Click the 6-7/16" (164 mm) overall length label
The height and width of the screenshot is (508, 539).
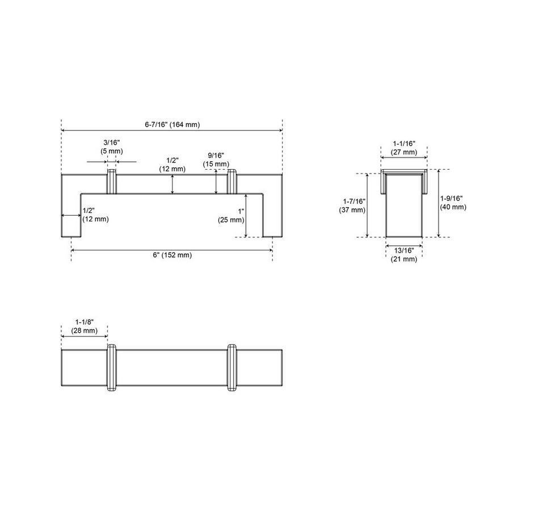(172, 124)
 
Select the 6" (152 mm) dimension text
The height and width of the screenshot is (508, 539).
(172, 255)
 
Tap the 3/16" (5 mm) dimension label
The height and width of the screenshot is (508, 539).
(112, 146)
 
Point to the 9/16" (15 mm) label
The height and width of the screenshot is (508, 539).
(216, 160)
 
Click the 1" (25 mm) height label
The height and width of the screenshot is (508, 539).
(231, 216)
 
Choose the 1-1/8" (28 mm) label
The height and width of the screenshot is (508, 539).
(85, 326)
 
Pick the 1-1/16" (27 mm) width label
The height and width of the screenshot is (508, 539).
(404, 148)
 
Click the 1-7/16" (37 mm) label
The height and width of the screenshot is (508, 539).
(352, 205)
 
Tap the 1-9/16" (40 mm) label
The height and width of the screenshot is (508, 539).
(453, 203)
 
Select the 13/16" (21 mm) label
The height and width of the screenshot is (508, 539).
(403, 255)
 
